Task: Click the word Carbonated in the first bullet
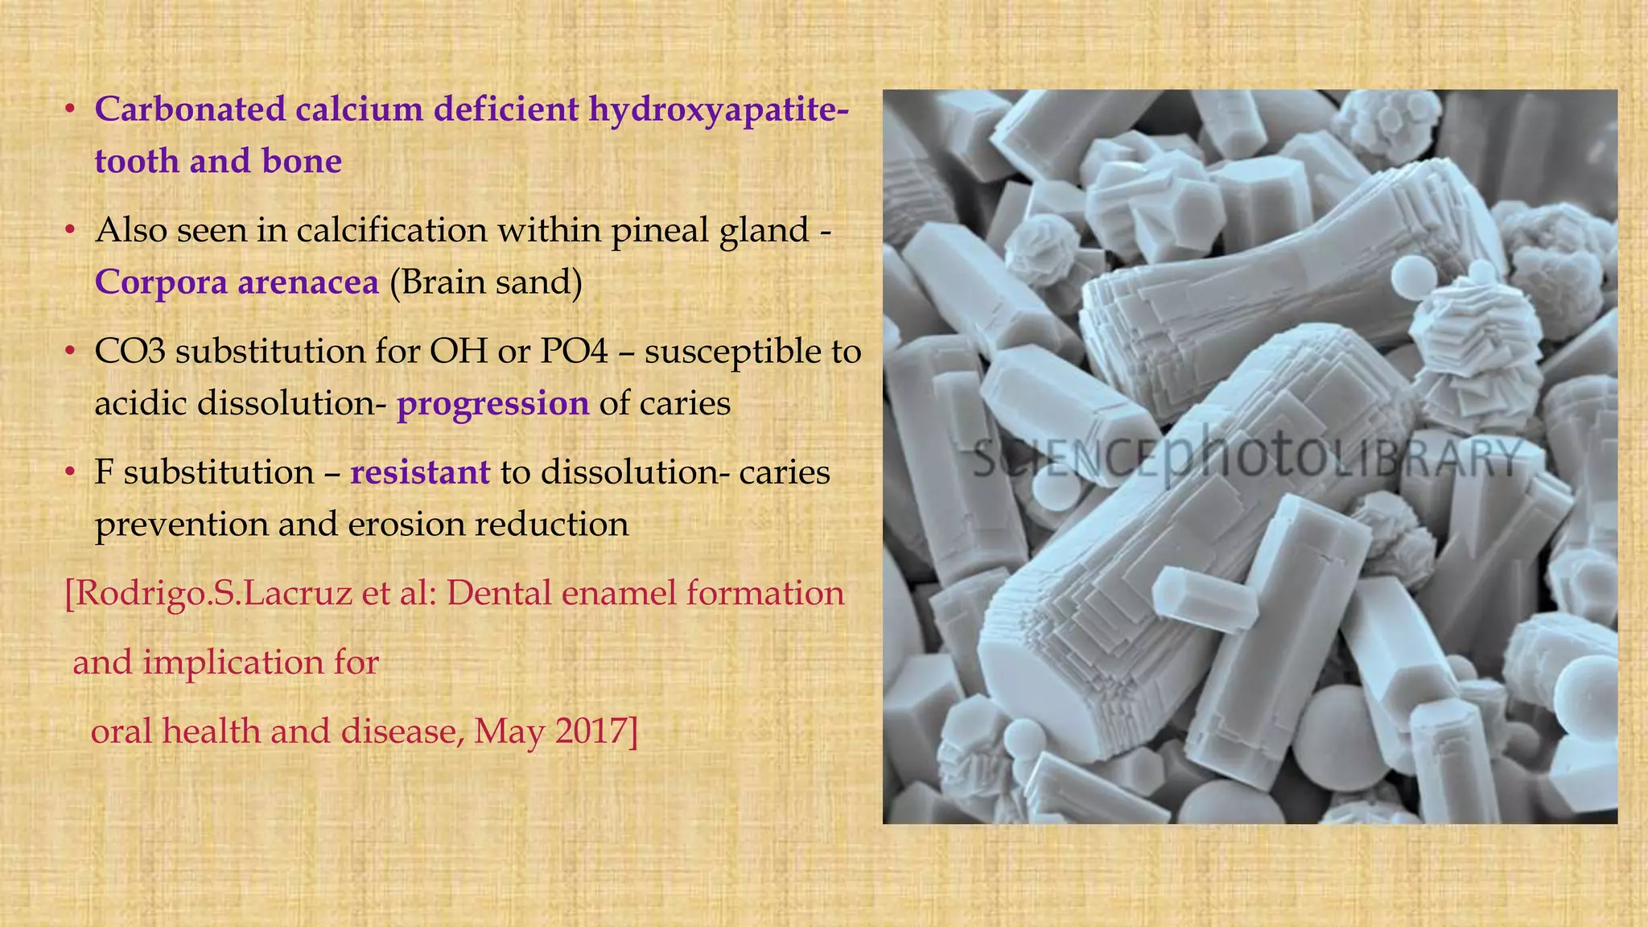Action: (x=190, y=109)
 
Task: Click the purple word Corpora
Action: (x=156, y=282)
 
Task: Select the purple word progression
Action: (x=492, y=403)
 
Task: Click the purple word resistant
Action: (x=420, y=472)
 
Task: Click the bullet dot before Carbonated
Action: (x=71, y=109)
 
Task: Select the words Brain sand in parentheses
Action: (x=485, y=282)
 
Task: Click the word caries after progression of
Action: (x=685, y=403)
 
